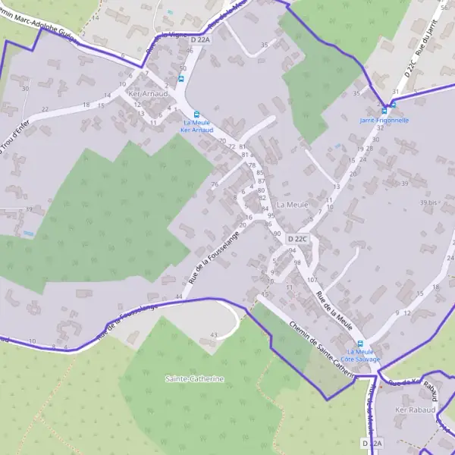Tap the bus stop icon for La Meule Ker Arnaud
pyautogui.click(x=197, y=114)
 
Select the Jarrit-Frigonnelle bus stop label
pyautogui.click(x=384, y=120)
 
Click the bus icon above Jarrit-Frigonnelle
pyautogui.click(x=393, y=105)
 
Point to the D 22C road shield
pyautogui.click(x=299, y=239)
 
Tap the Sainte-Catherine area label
pyautogui.click(x=195, y=378)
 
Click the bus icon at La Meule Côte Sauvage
pyautogui.click(x=360, y=344)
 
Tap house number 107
pyautogui.click(x=312, y=280)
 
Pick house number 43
pyautogui.click(x=214, y=335)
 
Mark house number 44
pyautogui.click(x=179, y=296)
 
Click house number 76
pyautogui.click(x=215, y=184)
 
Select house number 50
pyautogui.click(x=182, y=68)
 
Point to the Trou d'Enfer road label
pyautogui.click(x=11, y=136)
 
